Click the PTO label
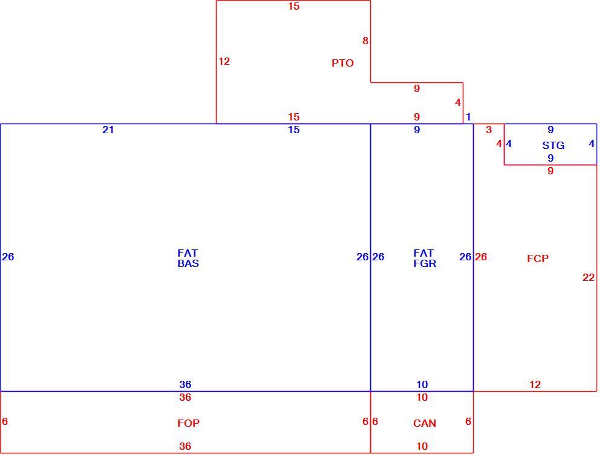pos(342,63)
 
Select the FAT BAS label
pos(188,258)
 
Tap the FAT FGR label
pos(425,258)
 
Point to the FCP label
pos(538,258)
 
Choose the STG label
pos(554,145)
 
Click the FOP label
pos(188,423)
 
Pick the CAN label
pos(425,423)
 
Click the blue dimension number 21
pos(108,130)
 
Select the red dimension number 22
pos(589,277)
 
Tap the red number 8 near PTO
pos(365,41)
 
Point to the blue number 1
pos(468,117)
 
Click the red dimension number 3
pos(489,130)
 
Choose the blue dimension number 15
pos(293,130)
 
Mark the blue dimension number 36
pos(185,384)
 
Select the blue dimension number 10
pos(422,384)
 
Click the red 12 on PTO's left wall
pos(224,61)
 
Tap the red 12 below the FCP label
pos(535,384)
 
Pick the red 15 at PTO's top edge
pos(293,6)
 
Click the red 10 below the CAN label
pos(422,446)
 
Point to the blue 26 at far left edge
pos(8,257)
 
